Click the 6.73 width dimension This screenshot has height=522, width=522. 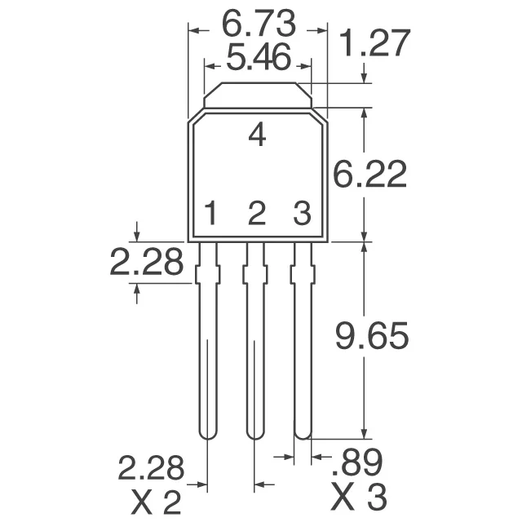(258, 22)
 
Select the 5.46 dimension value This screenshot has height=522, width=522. (258, 60)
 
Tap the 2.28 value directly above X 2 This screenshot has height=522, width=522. (152, 468)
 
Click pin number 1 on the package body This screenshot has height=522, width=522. (210, 215)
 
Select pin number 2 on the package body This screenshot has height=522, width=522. (257, 215)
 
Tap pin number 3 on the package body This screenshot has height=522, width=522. (302, 215)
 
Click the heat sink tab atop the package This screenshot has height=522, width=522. (257, 95)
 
